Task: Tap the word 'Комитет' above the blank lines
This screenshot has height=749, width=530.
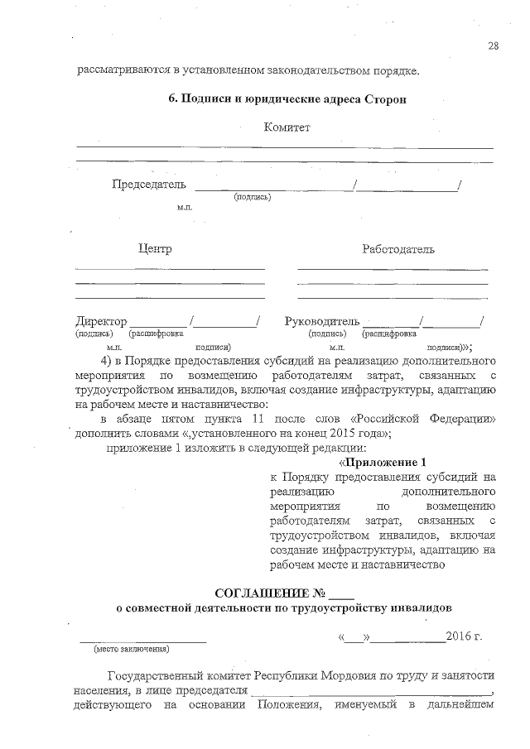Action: click(287, 127)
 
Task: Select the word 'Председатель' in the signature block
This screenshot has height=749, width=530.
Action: click(149, 184)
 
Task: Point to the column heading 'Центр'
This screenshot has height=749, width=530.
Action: click(154, 248)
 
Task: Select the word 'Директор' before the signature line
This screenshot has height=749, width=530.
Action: click(101, 321)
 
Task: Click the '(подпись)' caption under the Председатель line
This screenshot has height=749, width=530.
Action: click(253, 197)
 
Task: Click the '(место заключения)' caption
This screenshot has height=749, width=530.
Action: click(131, 649)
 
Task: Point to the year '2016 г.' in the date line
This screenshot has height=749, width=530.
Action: click(463, 637)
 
